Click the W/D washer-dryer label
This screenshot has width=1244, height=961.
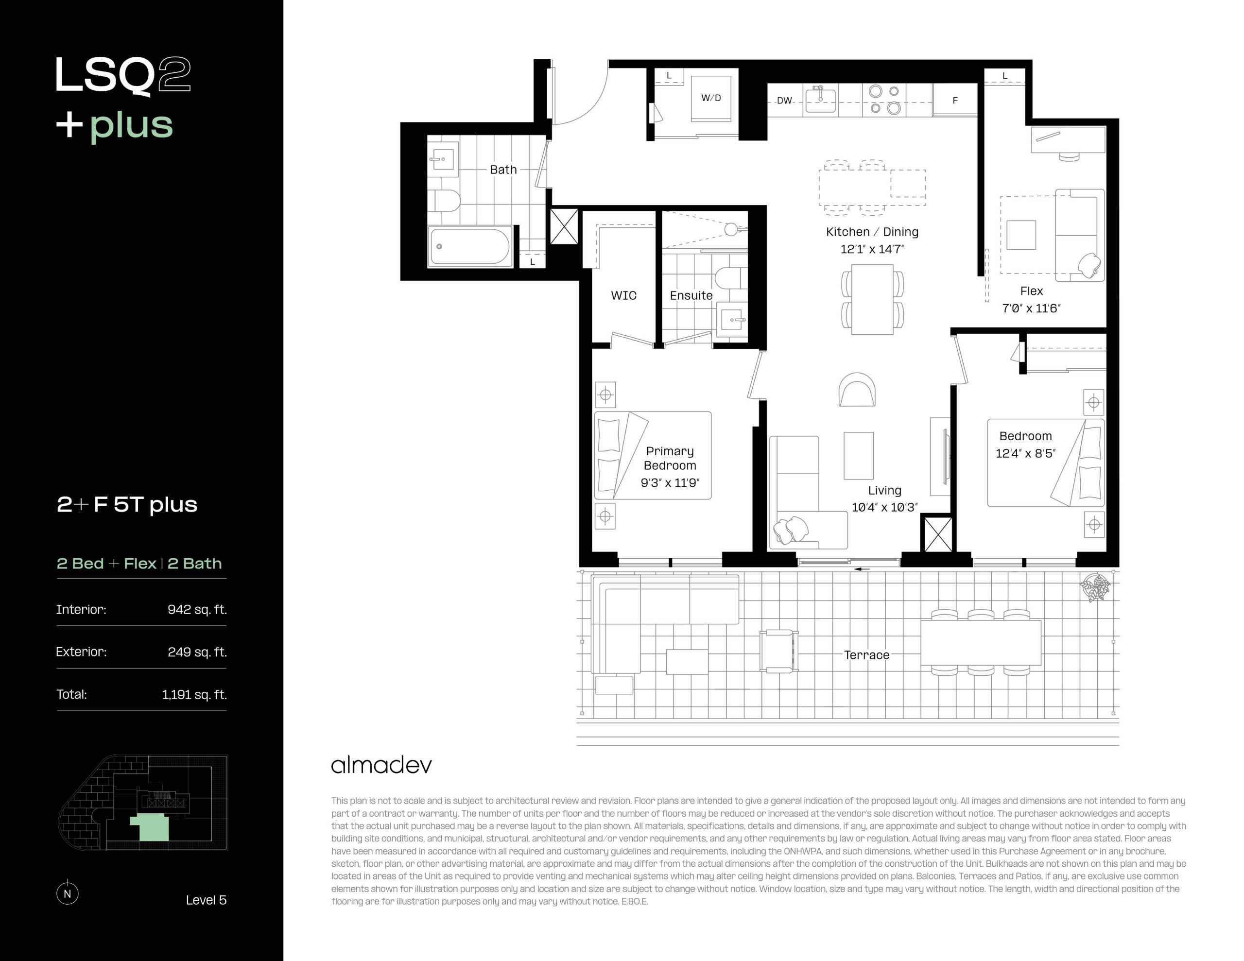click(x=711, y=98)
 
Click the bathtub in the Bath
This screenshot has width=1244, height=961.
click(x=470, y=246)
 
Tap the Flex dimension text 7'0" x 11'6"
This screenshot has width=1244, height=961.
click(x=1031, y=309)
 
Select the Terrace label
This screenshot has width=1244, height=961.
click(x=866, y=655)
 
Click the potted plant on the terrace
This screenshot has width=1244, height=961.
click(x=1095, y=587)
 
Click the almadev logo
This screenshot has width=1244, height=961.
click(x=381, y=765)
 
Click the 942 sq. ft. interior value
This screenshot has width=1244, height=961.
click(x=197, y=610)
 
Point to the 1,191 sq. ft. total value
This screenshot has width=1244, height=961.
click(x=194, y=694)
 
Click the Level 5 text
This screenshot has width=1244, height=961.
click(x=206, y=900)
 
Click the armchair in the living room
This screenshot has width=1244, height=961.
click(x=857, y=390)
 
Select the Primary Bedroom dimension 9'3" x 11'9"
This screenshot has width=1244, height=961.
click(x=670, y=483)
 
